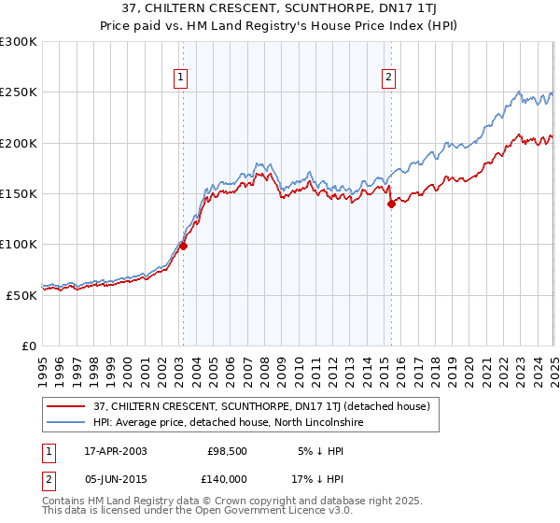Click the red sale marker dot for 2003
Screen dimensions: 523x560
183,247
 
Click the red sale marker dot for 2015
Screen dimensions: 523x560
391,205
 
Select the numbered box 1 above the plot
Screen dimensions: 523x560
180,78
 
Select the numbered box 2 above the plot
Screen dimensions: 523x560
388,78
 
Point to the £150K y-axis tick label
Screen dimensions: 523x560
20,193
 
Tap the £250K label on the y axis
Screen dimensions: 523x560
20,92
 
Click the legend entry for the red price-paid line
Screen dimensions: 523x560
260,406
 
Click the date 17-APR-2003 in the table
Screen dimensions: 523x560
115,451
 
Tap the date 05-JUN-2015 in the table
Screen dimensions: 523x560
115,478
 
